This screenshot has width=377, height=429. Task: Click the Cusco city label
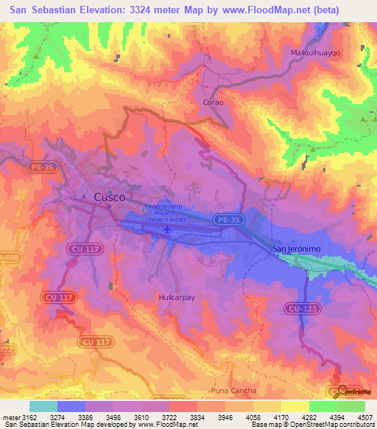(x=109, y=197)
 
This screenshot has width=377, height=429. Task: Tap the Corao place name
(x=213, y=102)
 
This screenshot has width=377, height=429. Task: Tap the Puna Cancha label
(x=234, y=390)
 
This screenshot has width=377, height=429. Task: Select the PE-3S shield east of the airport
(x=228, y=219)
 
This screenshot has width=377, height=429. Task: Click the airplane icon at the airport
(x=168, y=229)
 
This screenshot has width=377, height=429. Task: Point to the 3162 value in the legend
(x=29, y=416)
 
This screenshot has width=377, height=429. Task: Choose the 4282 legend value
(x=309, y=416)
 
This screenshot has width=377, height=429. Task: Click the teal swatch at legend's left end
(x=43, y=406)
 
